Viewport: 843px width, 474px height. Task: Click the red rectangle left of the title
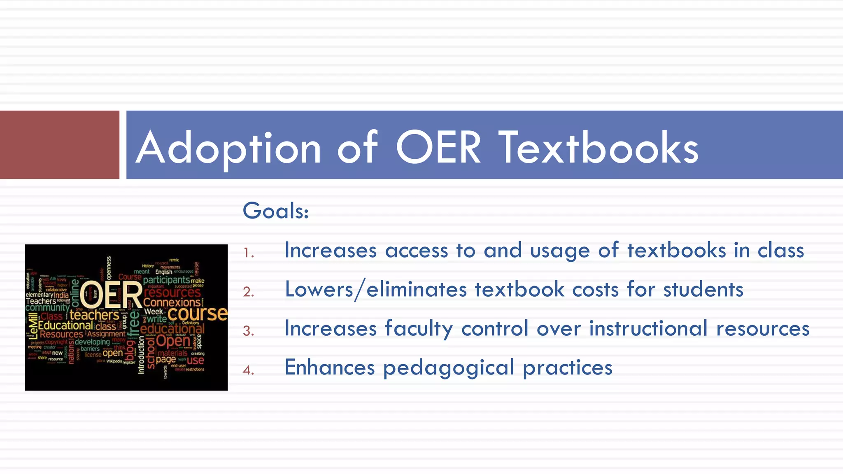[x=60, y=144]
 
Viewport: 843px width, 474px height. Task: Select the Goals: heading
[x=275, y=211]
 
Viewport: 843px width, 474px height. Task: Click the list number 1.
[x=248, y=252]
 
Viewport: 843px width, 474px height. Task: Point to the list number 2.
[x=249, y=292]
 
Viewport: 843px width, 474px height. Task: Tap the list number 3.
[x=248, y=331]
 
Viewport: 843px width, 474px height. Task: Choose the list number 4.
[x=248, y=370]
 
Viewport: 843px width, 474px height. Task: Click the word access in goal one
[x=417, y=251]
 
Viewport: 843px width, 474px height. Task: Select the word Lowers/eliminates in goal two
[x=376, y=289]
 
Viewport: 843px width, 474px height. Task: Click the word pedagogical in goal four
[x=449, y=368]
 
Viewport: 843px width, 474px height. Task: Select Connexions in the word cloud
[x=172, y=302]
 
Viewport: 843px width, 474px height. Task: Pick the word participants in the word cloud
[x=166, y=280]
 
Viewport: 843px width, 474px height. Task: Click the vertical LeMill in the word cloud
[x=32, y=325]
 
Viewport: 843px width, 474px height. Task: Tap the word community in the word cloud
[x=47, y=307]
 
